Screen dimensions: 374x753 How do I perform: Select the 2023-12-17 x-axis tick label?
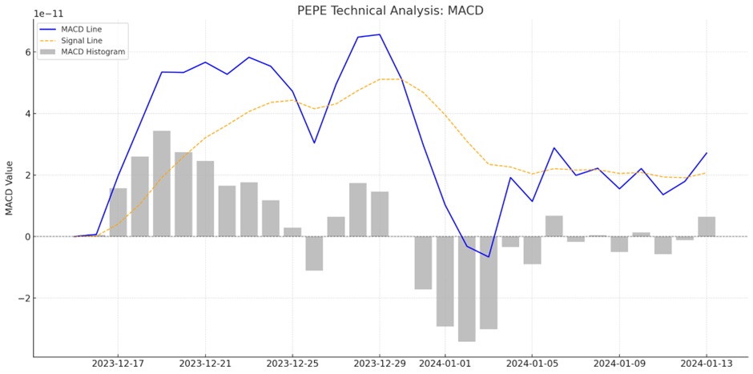[118, 364]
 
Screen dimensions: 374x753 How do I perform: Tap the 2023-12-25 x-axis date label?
[292, 364]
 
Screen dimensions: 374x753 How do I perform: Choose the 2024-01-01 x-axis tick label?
[445, 364]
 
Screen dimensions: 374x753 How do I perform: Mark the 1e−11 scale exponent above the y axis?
[49, 14]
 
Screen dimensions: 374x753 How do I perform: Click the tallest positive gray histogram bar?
[162, 183]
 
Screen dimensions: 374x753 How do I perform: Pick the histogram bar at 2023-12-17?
[118, 212]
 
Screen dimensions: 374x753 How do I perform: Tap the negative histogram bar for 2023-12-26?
[314, 253]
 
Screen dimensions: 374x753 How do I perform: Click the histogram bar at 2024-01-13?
[707, 227]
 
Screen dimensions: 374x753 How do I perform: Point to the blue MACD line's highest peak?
[380, 34]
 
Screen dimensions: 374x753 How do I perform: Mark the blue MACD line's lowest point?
[488, 257]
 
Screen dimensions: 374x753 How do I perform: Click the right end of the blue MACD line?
[707, 153]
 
